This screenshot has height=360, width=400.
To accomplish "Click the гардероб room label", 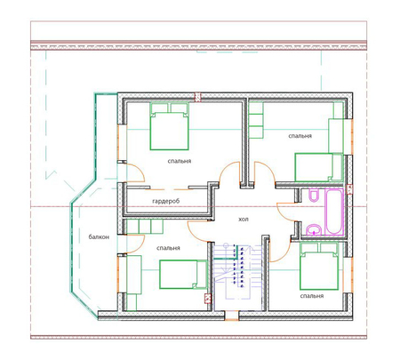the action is pos(166,201).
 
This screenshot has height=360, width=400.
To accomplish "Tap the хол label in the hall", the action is pos(244,220).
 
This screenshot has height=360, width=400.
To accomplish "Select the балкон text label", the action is pos(99,236).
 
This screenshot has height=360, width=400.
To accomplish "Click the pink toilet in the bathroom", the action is pos(314,195).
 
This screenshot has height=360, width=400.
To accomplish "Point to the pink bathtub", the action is pos(334,212).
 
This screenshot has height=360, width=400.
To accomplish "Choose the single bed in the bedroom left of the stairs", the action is pos(183,275).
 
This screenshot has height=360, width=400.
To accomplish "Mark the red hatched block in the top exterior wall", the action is pos(197,97).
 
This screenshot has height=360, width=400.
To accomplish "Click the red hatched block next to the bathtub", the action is pos(350,189).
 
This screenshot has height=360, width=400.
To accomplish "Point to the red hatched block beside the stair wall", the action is pos(208,299).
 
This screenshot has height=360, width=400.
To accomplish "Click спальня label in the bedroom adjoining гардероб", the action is pos(180,161).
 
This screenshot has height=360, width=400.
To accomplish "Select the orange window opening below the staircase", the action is pos(231,316).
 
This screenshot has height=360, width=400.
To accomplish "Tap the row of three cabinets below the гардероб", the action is pos(145,226).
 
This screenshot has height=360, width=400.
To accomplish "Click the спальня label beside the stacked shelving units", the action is pos(300,136).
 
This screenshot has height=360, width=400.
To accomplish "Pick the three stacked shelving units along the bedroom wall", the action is pos(256,120).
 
